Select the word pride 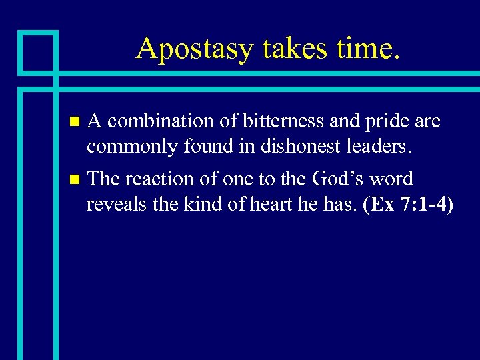pyautogui.click(x=387, y=121)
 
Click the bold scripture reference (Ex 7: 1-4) pyautogui.click(x=408, y=204)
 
